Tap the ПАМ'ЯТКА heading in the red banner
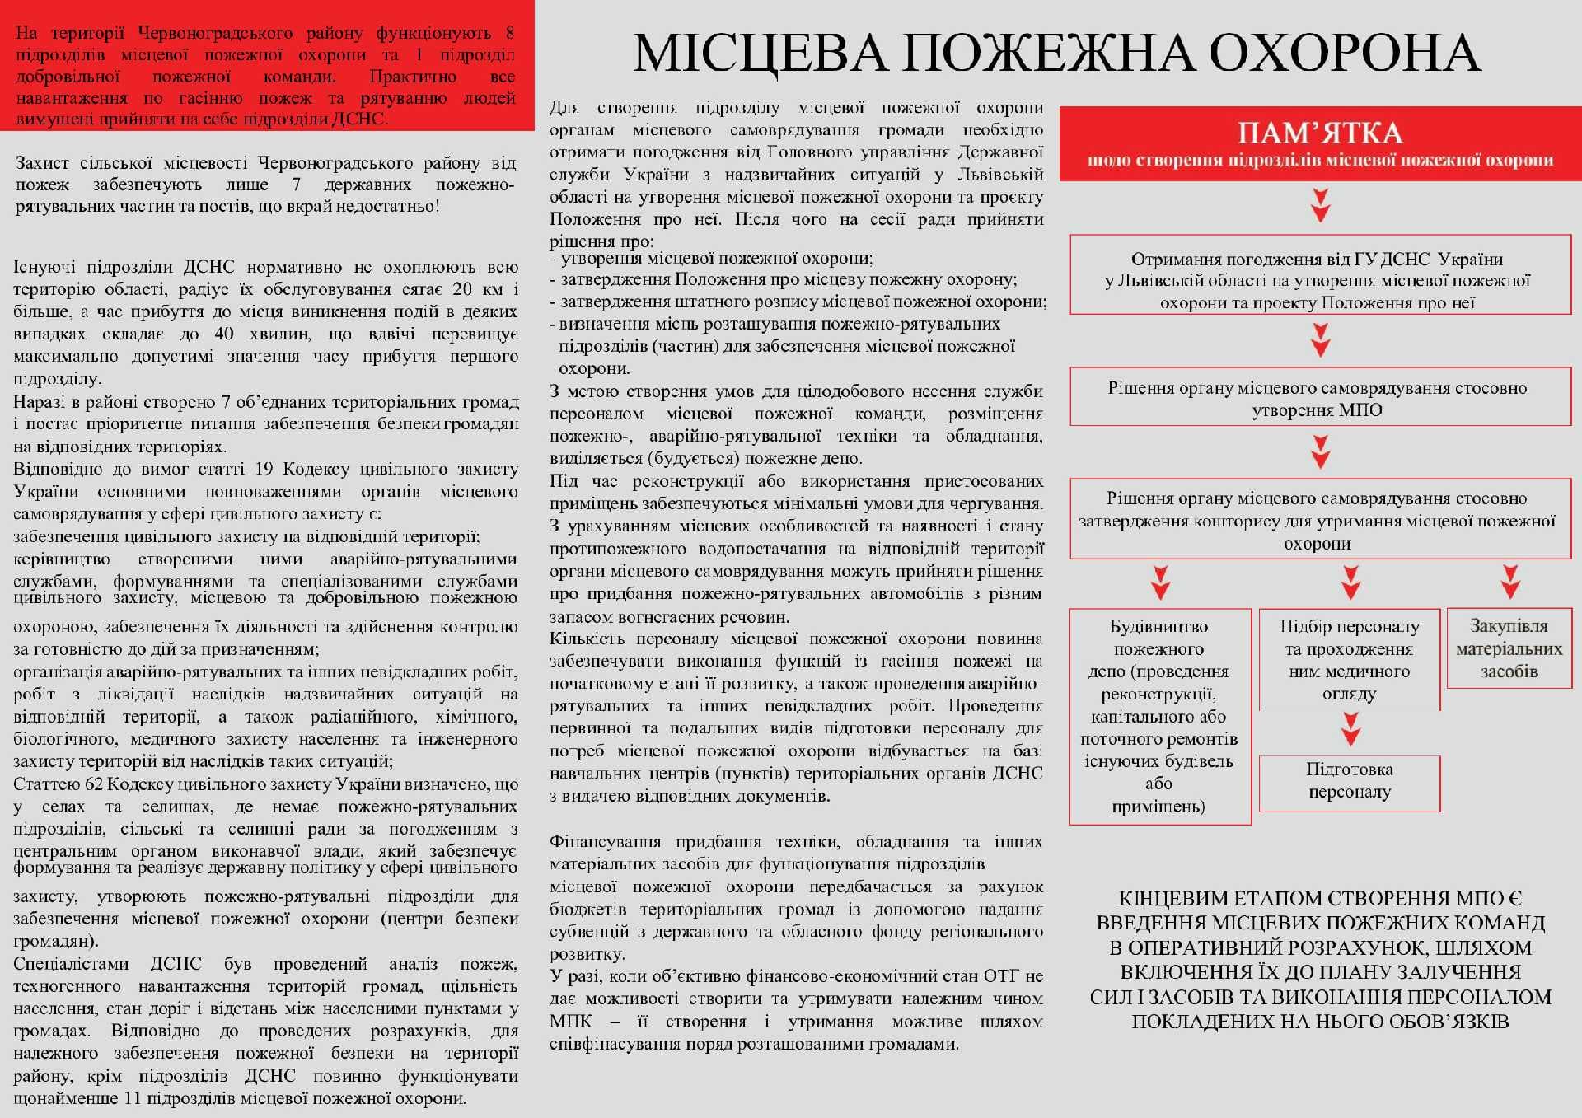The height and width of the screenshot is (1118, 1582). pyautogui.click(x=1320, y=133)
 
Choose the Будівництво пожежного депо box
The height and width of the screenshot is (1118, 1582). pyautogui.click(x=1159, y=716)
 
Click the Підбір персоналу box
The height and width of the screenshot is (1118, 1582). pyautogui.click(x=1349, y=659)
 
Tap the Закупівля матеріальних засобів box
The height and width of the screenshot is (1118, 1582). pyautogui.click(x=1509, y=648)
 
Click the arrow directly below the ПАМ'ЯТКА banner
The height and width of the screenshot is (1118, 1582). pyautogui.click(x=1321, y=205)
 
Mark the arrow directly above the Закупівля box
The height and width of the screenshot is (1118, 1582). pyautogui.click(x=1509, y=582)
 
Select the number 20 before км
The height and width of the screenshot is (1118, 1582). pyautogui.click(x=462, y=289)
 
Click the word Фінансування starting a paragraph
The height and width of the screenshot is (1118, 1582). pyautogui.click(x=605, y=842)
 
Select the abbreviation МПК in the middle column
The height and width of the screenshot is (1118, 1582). pyautogui.click(x=570, y=1022)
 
